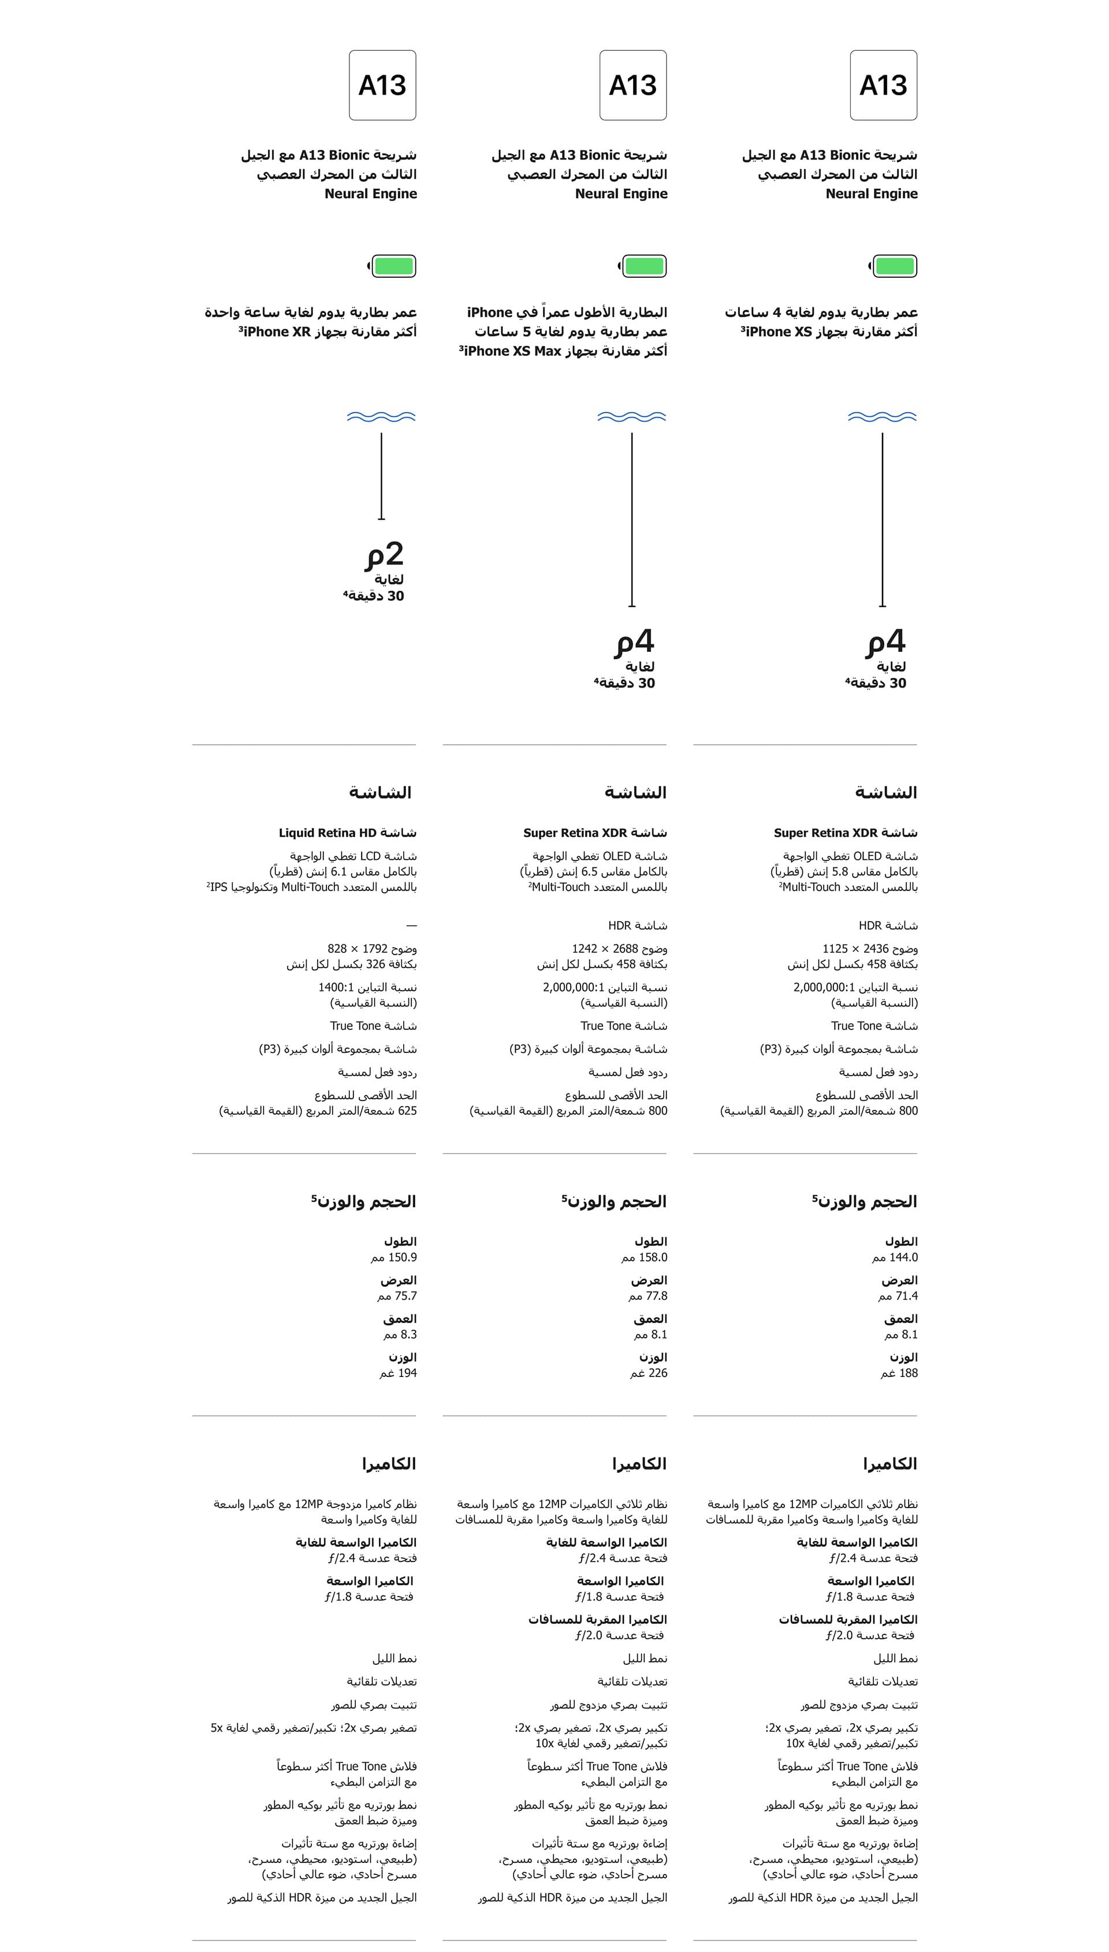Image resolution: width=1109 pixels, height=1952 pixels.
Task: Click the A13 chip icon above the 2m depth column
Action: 382,86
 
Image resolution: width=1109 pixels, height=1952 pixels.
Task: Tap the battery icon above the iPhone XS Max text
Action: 643,266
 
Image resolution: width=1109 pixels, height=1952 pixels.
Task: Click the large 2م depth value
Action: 385,554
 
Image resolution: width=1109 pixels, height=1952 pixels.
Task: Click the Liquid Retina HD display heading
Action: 347,833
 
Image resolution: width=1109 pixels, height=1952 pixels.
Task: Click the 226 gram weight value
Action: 657,1373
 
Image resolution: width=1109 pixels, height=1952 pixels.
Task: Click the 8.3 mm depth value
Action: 408,1334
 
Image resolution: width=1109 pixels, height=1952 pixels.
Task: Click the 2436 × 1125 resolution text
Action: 855,949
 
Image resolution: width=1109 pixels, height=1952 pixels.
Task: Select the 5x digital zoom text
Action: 217,1728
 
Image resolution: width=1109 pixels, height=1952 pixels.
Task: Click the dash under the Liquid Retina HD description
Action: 411,926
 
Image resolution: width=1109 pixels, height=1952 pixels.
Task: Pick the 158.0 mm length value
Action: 653,1257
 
